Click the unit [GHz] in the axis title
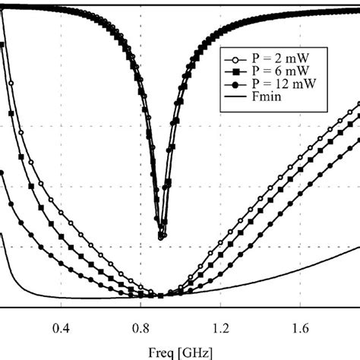197,351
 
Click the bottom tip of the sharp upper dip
161,238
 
